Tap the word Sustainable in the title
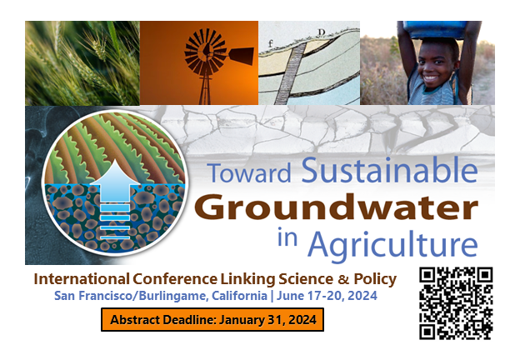pos(389,172)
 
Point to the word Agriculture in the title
pos(393,243)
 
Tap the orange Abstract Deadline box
pos(212,319)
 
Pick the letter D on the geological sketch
pos(321,33)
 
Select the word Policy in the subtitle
pos(374,278)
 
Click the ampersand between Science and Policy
pos(342,278)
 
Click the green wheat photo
pos(82,62)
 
